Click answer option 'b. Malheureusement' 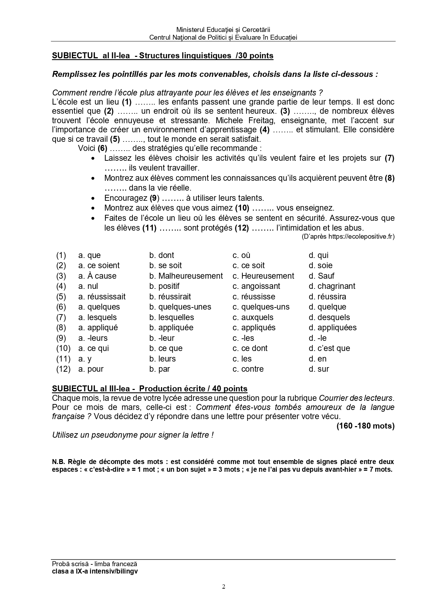[186, 276]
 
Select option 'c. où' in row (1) [241, 255]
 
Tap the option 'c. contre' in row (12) [248, 369]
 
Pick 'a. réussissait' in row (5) [102, 297]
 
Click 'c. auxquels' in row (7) [253, 317]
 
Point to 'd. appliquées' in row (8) [332, 327]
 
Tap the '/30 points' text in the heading [255, 55]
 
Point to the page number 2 [223, 587]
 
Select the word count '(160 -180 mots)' [365, 426]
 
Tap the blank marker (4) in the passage [264, 130]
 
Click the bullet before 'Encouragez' [93, 198]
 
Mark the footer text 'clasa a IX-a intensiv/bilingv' [95, 571]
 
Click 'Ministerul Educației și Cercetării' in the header [223, 30]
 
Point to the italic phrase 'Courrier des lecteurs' [356, 398]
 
